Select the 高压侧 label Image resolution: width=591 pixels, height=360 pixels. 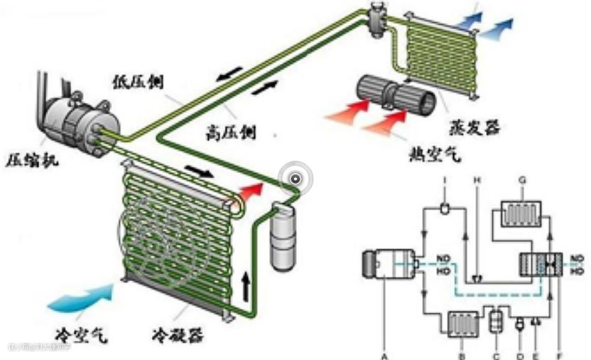click(x=229, y=131)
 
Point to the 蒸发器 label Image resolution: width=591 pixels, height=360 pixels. click(x=475, y=129)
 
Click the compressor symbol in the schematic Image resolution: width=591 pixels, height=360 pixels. click(x=384, y=264)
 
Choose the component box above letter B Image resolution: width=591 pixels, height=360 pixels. click(x=462, y=323)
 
